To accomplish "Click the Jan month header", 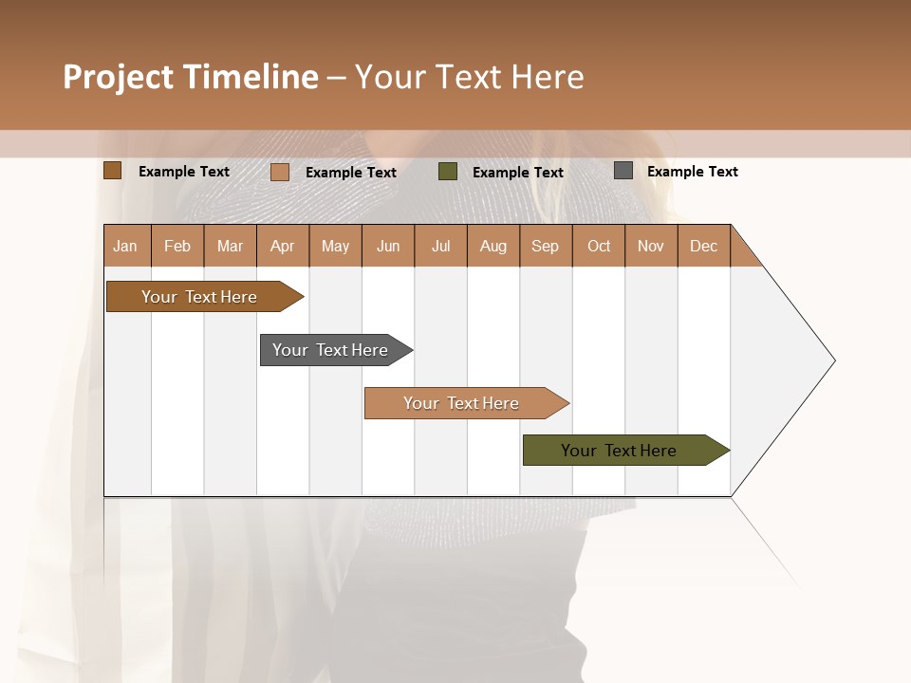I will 125,246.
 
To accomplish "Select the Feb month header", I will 177,246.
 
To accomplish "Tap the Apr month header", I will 282,246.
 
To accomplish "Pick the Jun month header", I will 388,246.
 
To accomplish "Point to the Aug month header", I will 493,246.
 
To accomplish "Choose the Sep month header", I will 545,246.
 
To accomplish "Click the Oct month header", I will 599,246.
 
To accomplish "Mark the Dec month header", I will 703,246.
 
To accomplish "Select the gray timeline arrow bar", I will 331,350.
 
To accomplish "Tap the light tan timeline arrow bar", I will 462,403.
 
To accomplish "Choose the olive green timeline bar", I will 620,451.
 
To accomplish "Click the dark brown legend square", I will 112,171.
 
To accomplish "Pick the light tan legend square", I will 279,172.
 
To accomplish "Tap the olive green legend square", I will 448,172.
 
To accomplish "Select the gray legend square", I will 623,171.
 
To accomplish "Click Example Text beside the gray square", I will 692,172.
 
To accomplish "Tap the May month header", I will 335,246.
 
